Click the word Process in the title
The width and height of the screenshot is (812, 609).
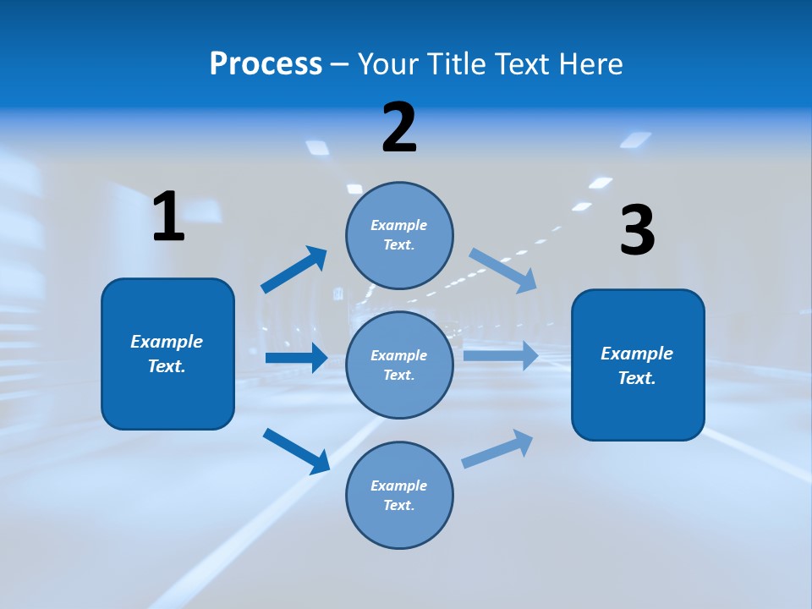coord(266,63)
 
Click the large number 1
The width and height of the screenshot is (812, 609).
coord(168,217)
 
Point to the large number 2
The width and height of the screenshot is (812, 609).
coord(399,128)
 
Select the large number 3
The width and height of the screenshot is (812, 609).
coord(638,230)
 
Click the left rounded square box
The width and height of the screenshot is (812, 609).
coord(167,354)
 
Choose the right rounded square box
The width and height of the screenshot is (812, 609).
coord(638,365)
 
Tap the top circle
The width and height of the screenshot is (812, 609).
coord(399,235)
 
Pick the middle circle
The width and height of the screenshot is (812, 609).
coord(399,365)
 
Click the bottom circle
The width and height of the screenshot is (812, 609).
coord(399,495)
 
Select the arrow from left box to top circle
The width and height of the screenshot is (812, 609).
coord(294,270)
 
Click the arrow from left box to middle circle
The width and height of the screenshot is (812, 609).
coord(296,358)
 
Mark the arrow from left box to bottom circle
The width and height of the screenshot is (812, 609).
coord(296,451)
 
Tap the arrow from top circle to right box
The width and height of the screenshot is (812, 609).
coord(503,270)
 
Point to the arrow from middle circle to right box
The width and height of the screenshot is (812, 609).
coord(501,355)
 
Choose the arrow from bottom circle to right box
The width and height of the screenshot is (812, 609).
coord(497,448)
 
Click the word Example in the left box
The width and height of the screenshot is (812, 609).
coord(167,342)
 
